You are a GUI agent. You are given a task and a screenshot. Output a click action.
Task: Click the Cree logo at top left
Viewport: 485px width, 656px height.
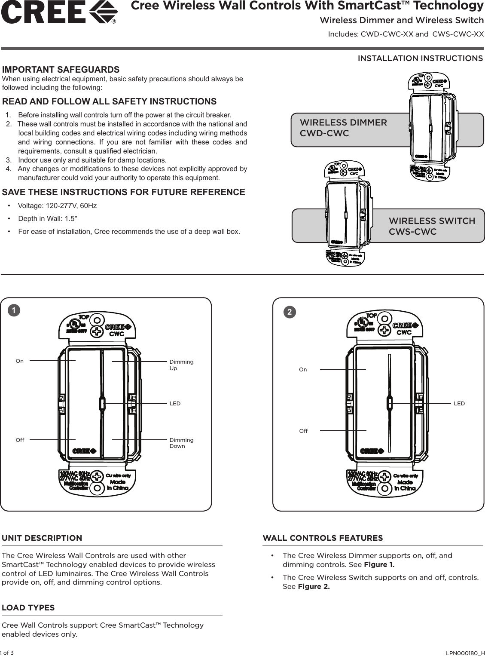[x=59, y=12]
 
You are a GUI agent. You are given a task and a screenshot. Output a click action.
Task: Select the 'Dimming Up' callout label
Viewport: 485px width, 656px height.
[x=181, y=365]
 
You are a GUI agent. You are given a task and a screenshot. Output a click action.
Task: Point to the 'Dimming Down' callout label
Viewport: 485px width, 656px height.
[x=181, y=443]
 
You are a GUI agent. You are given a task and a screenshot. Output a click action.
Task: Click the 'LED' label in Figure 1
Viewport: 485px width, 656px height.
[x=175, y=404]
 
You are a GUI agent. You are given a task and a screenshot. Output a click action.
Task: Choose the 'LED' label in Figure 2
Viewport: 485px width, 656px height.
[x=459, y=403]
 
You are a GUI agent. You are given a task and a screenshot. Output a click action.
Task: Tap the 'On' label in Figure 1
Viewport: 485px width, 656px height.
[x=20, y=361]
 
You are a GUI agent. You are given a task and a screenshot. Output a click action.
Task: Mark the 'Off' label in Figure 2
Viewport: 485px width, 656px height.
[x=303, y=431]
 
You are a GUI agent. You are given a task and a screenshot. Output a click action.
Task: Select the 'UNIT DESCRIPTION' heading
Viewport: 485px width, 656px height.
[x=42, y=538]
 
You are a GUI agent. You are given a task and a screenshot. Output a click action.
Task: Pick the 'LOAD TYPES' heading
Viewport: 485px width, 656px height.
[x=28, y=608]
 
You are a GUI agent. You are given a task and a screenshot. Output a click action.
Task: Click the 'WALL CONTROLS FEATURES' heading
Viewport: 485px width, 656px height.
[x=323, y=538]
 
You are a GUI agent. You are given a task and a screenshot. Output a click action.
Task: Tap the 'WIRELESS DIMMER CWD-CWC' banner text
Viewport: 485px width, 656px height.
[x=343, y=128]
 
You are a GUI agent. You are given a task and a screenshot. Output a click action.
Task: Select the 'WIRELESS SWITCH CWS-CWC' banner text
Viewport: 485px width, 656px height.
[x=431, y=227]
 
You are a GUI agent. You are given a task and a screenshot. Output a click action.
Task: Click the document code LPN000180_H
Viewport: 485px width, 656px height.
[x=466, y=653]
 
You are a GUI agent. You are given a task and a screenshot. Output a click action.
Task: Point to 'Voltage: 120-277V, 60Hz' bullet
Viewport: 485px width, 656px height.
[x=57, y=205]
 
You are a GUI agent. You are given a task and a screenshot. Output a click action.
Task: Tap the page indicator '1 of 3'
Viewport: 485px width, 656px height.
[x=7, y=653]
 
